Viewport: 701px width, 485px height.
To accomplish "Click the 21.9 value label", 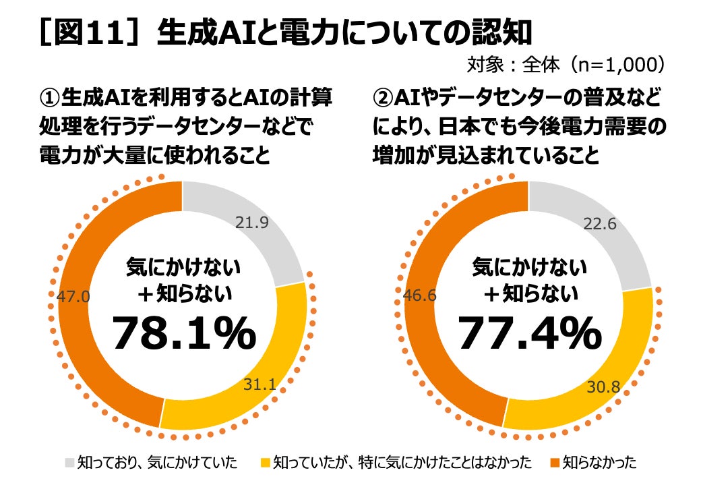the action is coord(252,223).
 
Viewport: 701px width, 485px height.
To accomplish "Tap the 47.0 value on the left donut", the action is coord(73,297).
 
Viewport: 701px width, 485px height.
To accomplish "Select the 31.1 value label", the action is coord(260,384).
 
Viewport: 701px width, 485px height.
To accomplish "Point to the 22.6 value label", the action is coord(599,223).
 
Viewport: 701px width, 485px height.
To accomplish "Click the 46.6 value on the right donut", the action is coord(420,295).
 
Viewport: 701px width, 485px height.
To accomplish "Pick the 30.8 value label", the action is coord(603,387).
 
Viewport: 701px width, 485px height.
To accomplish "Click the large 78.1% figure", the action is coord(184,333).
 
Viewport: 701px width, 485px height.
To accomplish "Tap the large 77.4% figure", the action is coord(530,333).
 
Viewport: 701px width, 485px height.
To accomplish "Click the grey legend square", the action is coord(69,463).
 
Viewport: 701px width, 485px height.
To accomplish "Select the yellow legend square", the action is coord(265,463).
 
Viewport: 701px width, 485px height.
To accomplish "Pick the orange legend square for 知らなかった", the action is coord(555,463).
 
